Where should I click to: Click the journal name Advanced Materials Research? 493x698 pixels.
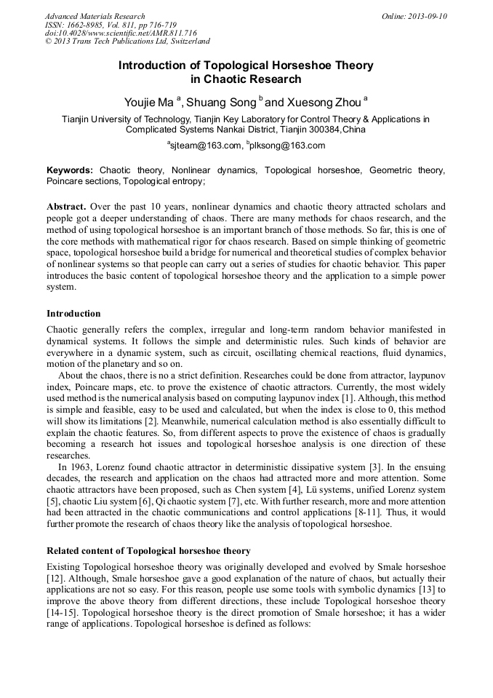(x=95, y=16)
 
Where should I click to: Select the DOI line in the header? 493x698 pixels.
(x=121, y=33)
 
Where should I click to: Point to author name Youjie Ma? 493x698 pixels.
(x=148, y=100)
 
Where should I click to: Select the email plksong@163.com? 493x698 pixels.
(x=288, y=146)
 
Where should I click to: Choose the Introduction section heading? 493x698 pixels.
(x=73, y=314)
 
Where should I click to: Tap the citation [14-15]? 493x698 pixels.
(x=60, y=613)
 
